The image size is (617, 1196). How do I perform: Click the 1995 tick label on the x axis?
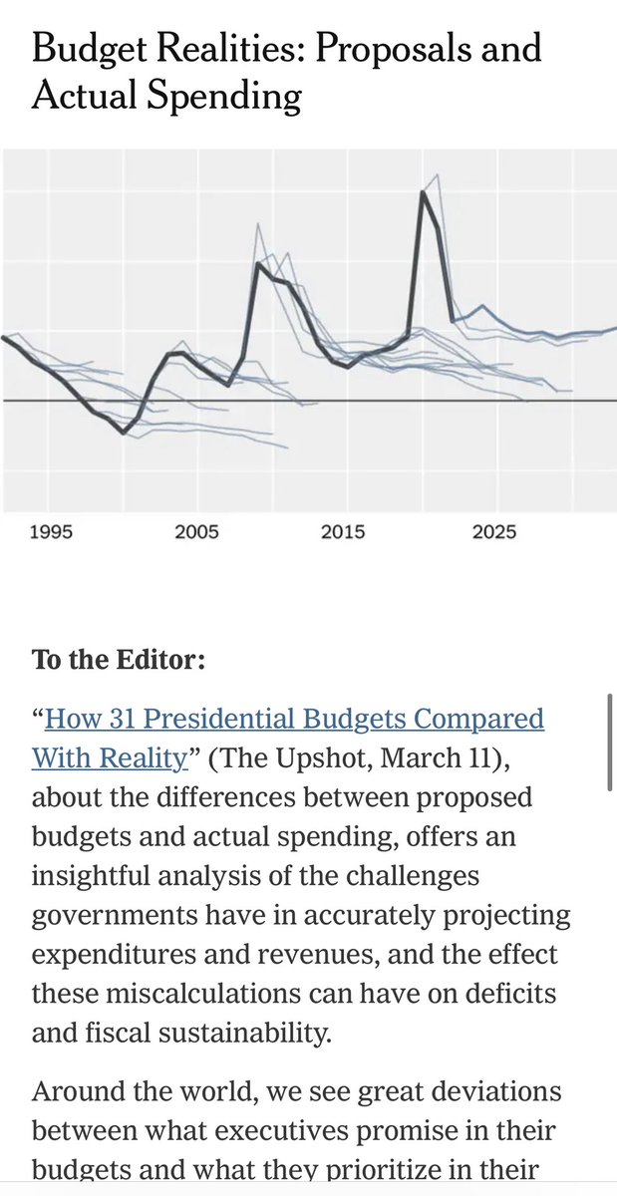[51, 532]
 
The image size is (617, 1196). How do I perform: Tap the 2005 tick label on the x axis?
[196, 532]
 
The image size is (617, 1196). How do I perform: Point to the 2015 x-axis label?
[344, 532]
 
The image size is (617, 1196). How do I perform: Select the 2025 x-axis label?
[494, 532]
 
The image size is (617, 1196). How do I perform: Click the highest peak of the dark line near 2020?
[423, 192]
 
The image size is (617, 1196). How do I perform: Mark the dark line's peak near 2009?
[258, 263]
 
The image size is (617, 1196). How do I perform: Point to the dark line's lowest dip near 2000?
[124, 433]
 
